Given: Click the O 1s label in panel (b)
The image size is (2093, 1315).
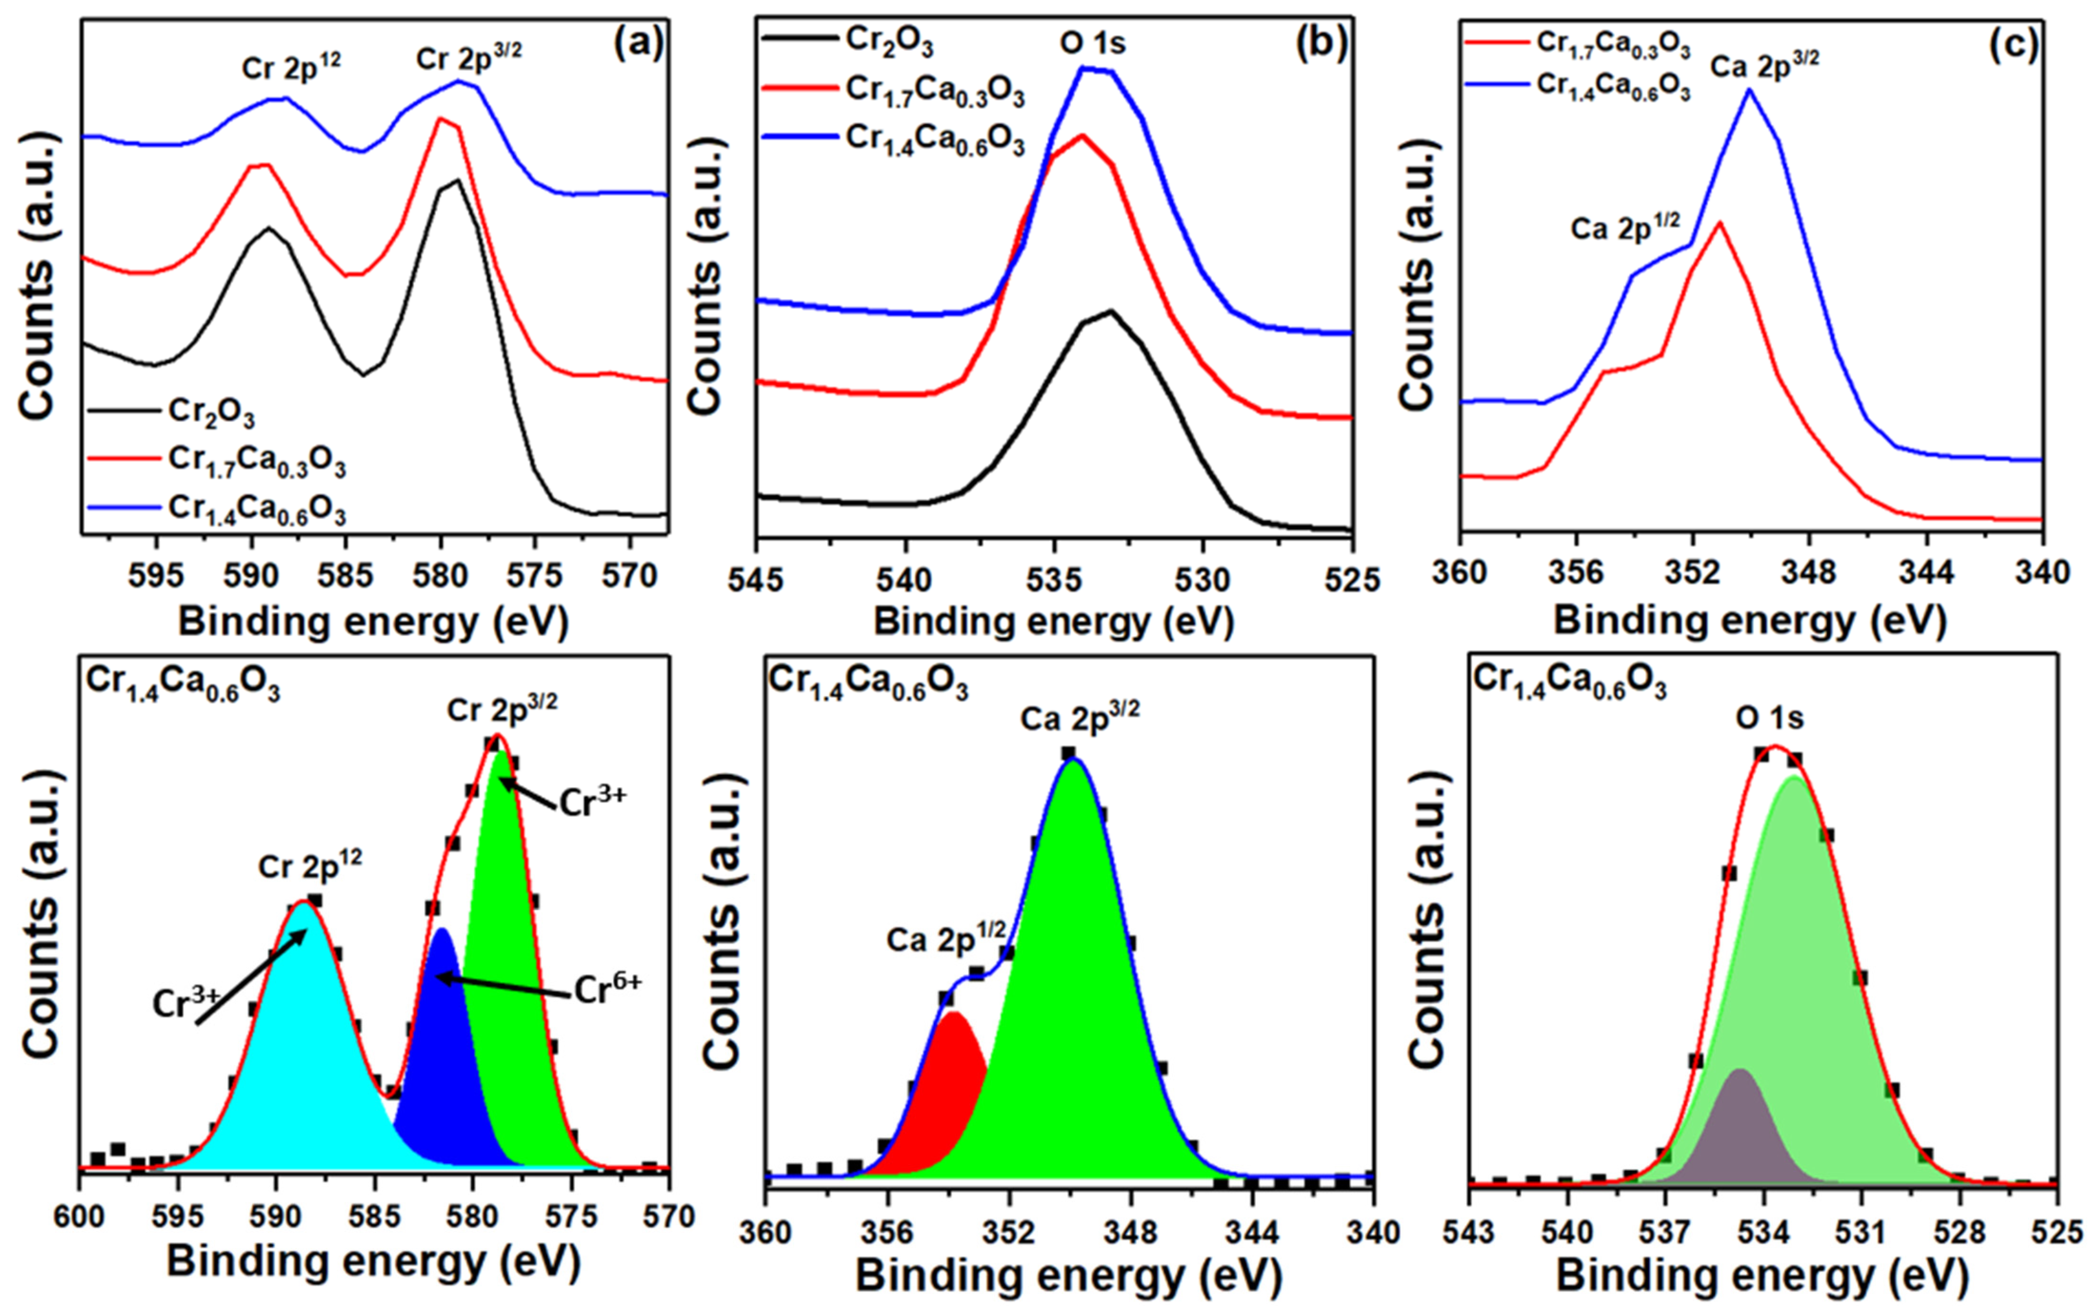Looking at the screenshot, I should coord(1092,42).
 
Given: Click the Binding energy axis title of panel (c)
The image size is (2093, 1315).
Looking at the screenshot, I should coord(1749,623).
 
